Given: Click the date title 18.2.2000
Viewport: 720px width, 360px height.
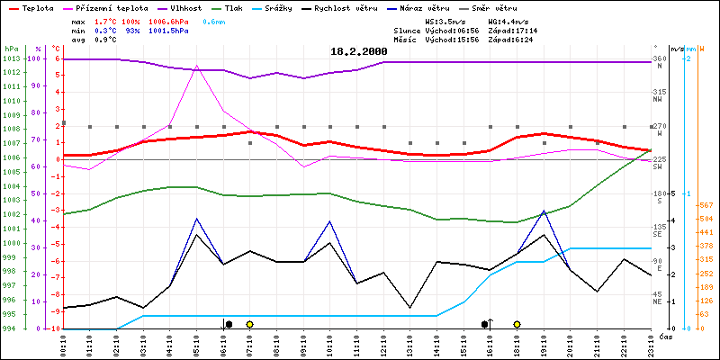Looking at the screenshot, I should (x=358, y=51).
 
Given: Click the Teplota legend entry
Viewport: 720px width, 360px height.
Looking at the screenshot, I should (x=37, y=7).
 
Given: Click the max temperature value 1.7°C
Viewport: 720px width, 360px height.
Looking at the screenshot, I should (x=107, y=20).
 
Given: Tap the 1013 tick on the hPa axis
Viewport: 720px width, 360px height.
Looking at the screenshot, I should (x=11, y=59).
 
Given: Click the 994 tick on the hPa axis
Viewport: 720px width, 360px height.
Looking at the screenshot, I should (x=11, y=328).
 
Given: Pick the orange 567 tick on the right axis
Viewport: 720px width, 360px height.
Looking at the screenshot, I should (x=706, y=204).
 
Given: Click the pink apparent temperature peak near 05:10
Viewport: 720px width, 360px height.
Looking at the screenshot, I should (x=196, y=66).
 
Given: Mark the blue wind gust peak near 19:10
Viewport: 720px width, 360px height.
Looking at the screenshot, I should (x=544, y=211).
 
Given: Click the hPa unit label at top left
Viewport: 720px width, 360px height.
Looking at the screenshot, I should (x=11, y=49).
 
